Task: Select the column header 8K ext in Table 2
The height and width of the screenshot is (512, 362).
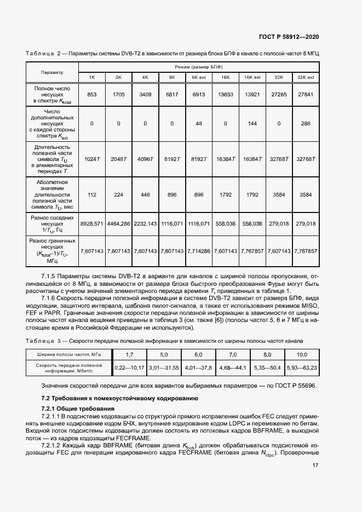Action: pos(198,78)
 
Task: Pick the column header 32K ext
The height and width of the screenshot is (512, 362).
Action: pos(306,78)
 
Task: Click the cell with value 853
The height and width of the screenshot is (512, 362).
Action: pos(91,95)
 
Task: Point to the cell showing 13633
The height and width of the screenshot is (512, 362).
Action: pos(225,95)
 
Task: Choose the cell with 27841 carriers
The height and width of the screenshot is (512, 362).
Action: pos(306,95)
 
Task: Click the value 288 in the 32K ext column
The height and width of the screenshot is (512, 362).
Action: pos(306,124)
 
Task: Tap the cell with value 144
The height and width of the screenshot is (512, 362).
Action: pos(252,124)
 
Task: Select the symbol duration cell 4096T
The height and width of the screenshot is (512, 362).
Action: pos(145,159)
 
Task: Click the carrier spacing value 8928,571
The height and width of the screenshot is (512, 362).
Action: pos(91,224)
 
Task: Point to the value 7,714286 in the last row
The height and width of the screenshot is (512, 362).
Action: pos(198,251)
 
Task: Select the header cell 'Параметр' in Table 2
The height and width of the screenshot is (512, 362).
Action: pos(52,72)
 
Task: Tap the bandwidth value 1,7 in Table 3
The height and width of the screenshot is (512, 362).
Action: pos(129,355)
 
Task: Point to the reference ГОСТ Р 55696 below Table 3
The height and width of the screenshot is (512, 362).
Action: pos(293,386)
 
